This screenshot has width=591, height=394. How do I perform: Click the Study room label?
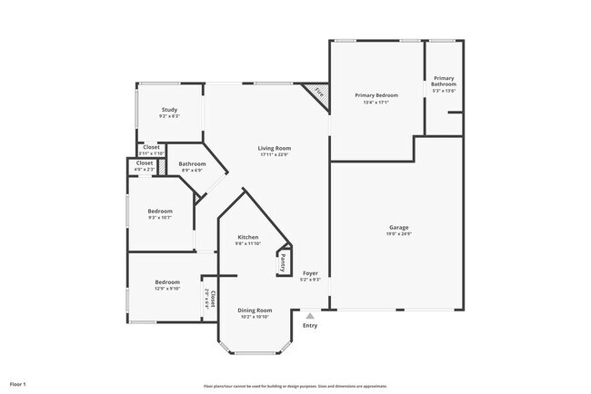click(169, 110)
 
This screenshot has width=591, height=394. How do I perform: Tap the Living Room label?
click(274, 147)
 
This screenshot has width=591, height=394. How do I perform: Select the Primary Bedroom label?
click(376, 94)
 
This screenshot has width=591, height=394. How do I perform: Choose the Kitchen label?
click(248, 236)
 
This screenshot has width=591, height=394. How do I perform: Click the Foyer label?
click(311, 272)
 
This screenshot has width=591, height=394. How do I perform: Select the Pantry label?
click(283, 262)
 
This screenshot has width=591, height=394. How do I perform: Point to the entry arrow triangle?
click(310, 315)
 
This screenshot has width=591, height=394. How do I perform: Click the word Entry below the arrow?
click(310, 325)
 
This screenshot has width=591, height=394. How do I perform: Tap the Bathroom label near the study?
click(193, 164)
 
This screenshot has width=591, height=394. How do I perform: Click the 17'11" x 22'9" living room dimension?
click(274, 154)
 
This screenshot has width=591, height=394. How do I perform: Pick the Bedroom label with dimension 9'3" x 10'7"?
click(160, 211)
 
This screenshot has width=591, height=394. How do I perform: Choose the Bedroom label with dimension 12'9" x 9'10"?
click(166, 282)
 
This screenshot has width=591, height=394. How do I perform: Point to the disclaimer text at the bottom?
click(295, 386)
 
